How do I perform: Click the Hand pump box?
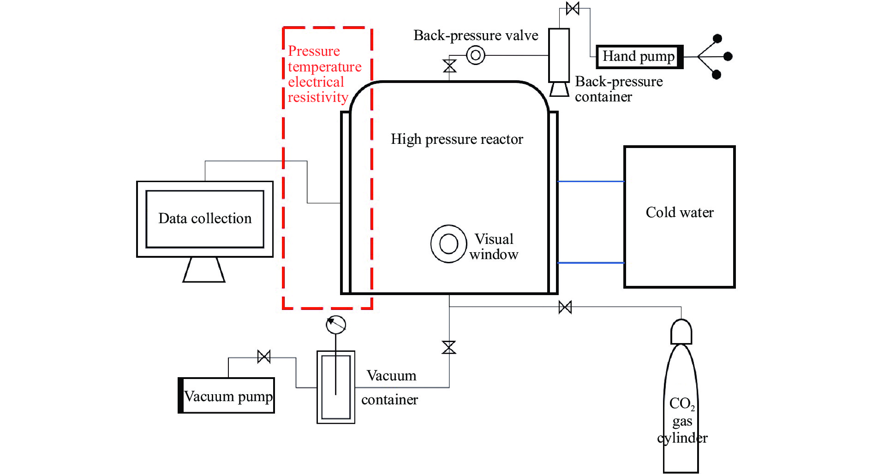point(639,57)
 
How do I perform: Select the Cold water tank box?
point(679,217)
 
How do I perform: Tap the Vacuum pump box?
point(227,396)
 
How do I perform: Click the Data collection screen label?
point(205,219)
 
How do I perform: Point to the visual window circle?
point(448,244)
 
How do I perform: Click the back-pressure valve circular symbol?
point(476,56)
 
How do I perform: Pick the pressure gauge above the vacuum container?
point(336,325)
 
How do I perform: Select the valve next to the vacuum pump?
point(264,356)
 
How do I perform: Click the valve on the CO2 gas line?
point(565,307)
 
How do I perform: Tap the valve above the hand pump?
point(573,8)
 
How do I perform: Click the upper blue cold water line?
point(591,182)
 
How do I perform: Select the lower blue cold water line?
point(591,263)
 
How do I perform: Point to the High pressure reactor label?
point(457,139)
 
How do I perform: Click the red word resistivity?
point(318,98)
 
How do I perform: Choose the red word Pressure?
point(314,51)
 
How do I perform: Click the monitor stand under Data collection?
point(204,270)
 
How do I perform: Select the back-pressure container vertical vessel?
point(559,55)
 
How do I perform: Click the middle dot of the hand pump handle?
point(728,57)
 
